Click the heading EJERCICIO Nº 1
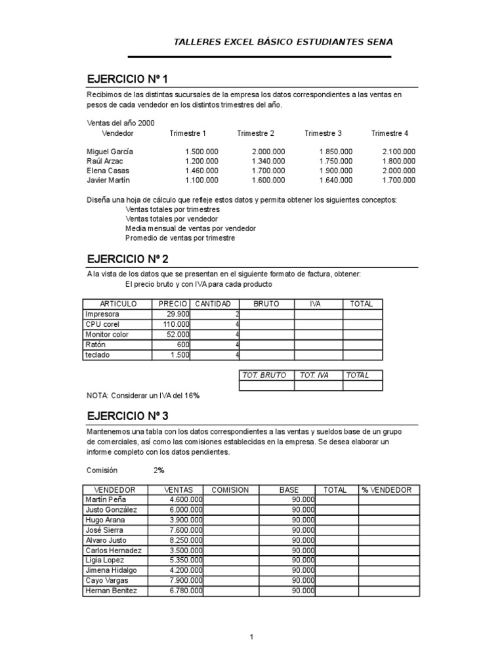[x=127, y=79]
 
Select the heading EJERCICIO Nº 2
[x=127, y=259]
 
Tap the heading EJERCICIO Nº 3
[x=127, y=417]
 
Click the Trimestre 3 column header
[x=323, y=133]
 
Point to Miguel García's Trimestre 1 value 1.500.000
[x=201, y=152]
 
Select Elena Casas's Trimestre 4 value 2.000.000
[x=398, y=171]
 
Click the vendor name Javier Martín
[x=108, y=180]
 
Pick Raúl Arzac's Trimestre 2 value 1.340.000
[x=268, y=161]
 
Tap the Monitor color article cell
[x=107, y=335]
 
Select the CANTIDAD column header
[x=212, y=304]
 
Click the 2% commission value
[x=159, y=470]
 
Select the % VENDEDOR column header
[x=387, y=490]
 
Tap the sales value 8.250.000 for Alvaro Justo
[x=186, y=540]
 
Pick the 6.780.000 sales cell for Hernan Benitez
[x=186, y=591]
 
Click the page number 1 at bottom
[x=251, y=637]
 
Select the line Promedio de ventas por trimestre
[x=180, y=238]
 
